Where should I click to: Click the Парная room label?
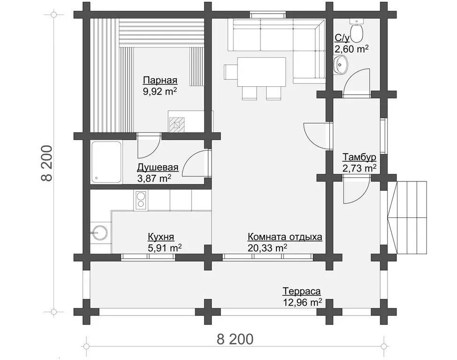(160, 80)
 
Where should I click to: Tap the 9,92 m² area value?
(160, 91)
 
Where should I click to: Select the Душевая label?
(158, 167)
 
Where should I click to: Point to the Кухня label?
(161, 237)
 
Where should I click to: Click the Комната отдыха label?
(285, 237)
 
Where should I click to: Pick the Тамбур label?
(359, 157)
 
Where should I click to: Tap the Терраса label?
(302, 291)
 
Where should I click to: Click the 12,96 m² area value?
(302, 302)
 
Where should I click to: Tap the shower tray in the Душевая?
(107, 162)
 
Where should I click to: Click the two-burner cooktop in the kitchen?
(141, 200)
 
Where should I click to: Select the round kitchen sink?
(99, 232)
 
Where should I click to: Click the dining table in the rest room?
(261, 72)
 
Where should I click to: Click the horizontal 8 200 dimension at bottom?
(235, 339)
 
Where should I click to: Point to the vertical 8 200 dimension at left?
(46, 163)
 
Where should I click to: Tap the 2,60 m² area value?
(351, 49)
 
